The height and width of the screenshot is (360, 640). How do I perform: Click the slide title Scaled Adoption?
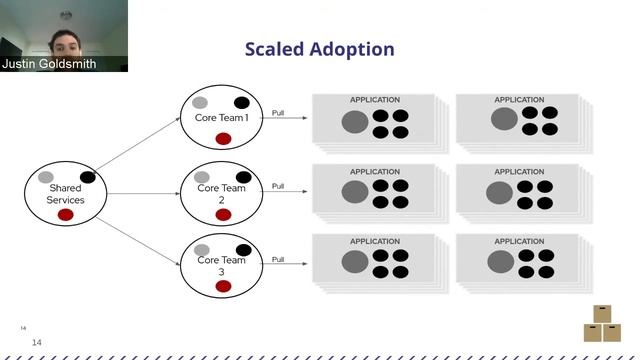(320, 49)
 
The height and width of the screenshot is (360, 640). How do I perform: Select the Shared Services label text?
(65, 194)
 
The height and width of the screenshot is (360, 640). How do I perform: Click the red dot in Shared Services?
(66, 214)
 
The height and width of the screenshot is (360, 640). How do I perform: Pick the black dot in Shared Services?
(88, 178)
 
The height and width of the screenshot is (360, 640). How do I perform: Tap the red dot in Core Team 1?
(223, 139)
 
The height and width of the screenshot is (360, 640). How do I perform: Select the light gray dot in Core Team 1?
(200, 103)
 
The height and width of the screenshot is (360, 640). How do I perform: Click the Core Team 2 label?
(222, 193)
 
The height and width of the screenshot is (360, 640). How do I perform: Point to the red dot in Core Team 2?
(223, 214)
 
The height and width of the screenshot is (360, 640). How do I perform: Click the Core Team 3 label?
(222, 266)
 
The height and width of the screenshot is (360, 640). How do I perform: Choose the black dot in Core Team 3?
(243, 250)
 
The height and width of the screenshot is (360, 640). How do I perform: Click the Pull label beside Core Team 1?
(278, 113)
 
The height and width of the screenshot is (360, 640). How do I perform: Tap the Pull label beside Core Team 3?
(278, 259)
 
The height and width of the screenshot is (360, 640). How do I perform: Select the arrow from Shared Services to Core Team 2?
(144, 192)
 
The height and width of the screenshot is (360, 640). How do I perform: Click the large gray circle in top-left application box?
(354, 122)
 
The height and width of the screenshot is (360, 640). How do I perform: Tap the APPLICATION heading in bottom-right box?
(519, 241)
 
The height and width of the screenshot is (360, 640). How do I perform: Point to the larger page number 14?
(37, 343)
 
